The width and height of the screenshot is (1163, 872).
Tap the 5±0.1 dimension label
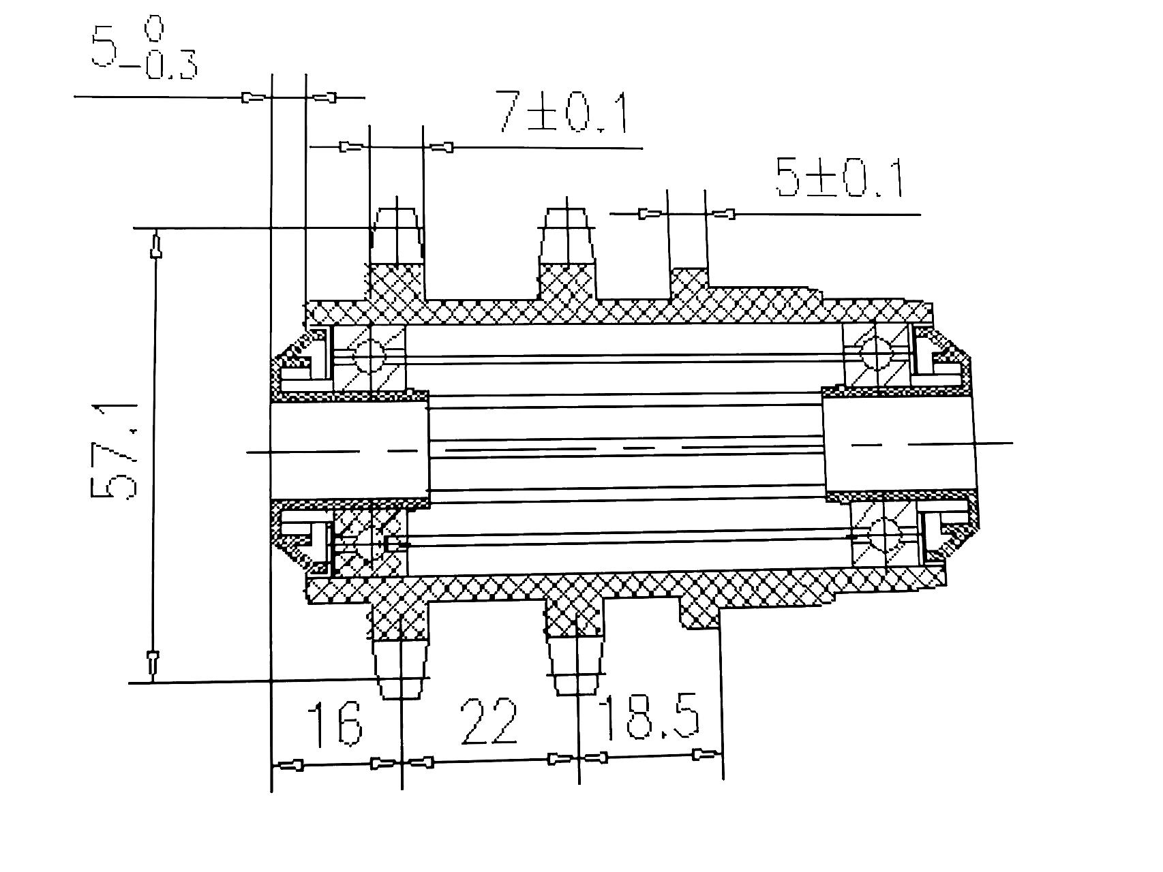[839, 178]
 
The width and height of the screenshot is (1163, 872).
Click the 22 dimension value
[489, 722]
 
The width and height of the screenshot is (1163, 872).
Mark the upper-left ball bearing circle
[369, 355]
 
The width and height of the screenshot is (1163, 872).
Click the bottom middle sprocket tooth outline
[577, 665]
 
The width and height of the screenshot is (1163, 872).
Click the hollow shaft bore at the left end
[348, 450]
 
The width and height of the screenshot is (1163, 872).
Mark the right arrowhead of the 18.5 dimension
[706, 754]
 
